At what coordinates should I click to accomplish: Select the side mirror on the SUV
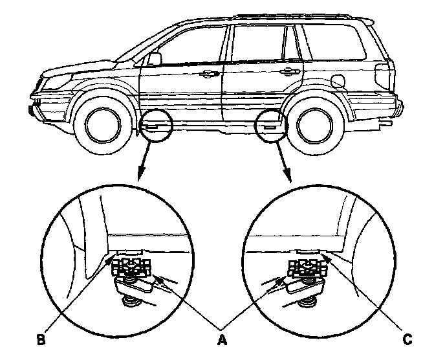(154, 59)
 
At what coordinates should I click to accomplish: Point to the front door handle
(208, 74)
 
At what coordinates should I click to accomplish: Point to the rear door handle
(285, 71)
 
